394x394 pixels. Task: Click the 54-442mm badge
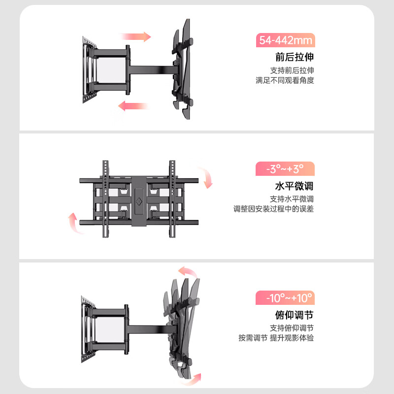pos(286,40)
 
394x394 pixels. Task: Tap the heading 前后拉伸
pos(295,57)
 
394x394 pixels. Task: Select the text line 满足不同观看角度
pos(285,80)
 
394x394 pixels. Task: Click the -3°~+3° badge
pos(285,168)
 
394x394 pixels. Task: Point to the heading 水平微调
pos(294,186)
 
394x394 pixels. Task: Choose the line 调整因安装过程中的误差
pos(273,209)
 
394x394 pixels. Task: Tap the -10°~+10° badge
pos(285,298)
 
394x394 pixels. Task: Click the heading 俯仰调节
pos(294,315)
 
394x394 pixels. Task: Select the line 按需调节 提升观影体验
pos(276,338)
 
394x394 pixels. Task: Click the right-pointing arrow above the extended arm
pos(136,36)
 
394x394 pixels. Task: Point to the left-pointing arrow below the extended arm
pos(133,106)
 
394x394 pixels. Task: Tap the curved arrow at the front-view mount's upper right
pos(206,177)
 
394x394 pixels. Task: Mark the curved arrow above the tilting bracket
pos(188,272)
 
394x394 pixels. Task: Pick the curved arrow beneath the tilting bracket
pos(193,380)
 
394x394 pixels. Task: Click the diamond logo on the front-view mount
pos(139,201)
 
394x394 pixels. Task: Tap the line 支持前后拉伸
pos(292,70)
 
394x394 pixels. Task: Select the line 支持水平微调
pos(292,199)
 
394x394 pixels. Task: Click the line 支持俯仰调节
pos(292,328)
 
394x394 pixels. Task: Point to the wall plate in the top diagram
pos(89,70)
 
